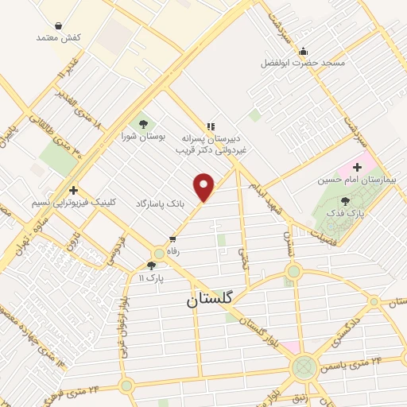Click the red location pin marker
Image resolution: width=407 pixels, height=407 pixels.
pyautogui.click(x=205, y=187)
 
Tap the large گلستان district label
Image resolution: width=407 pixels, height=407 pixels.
pyautogui.click(x=210, y=300)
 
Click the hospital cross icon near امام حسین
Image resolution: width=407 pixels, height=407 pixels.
pyautogui.click(x=358, y=168)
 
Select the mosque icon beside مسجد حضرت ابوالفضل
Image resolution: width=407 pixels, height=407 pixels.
pyautogui.click(x=303, y=52)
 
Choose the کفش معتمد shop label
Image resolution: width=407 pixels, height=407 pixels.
pyautogui.click(x=60, y=37)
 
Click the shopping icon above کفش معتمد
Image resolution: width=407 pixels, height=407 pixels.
pyautogui.click(x=60, y=25)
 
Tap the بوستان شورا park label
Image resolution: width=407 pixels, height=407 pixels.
pyautogui.click(x=144, y=137)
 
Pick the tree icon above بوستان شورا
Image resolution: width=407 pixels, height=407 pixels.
pyautogui.click(x=144, y=123)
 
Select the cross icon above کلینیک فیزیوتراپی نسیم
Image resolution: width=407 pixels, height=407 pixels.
pyautogui.click(x=73, y=190)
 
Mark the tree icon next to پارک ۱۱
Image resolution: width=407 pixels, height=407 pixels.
pyautogui.click(x=151, y=266)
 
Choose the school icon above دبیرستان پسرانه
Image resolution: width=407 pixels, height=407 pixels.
pyautogui.click(x=211, y=126)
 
